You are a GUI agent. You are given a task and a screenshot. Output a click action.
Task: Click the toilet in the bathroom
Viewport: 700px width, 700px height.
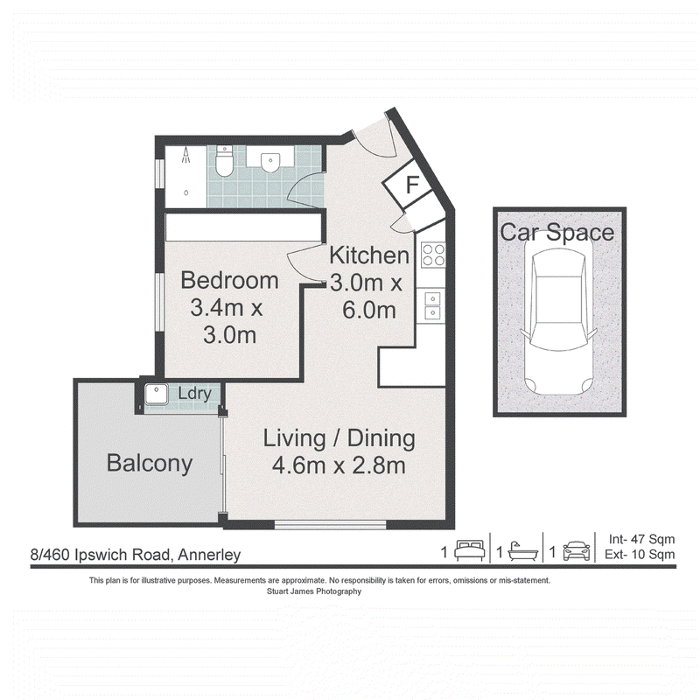(x=224, y=161)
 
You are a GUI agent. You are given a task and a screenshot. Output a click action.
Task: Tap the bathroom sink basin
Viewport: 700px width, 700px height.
(x=270, y=163)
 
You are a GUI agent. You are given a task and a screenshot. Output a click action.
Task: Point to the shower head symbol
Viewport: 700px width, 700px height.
(x=186, y=156)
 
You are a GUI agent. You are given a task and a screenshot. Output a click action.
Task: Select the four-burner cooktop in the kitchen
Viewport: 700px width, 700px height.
(x=433, y=255)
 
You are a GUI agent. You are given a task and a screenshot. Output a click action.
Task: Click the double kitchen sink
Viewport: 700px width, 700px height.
(x=432, y=305)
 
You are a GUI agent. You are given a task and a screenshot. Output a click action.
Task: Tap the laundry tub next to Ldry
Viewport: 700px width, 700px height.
(x=156, y=395)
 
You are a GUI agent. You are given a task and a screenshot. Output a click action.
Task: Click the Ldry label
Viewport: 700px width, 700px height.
(x=194, y=395)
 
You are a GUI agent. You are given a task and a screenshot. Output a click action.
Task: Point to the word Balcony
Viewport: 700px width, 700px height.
(x=150, y=463)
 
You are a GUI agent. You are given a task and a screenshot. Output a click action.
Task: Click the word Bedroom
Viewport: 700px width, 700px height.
(x=230, y=280)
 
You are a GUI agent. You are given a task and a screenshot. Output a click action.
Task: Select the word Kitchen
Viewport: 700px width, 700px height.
(x=369, y=255)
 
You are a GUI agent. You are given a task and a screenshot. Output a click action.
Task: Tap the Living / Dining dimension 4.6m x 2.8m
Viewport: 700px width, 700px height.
(x=339, y=466)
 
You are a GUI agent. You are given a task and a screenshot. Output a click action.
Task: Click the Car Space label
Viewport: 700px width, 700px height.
(x=557, y=233)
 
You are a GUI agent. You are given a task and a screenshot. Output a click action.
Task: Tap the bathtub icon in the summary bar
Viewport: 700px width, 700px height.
(x=522, y=551)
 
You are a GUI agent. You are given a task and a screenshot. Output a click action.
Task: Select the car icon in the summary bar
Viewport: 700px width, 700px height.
(x=577, y=551)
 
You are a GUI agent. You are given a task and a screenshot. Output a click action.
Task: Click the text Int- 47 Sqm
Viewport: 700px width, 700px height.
(x=641, y=539)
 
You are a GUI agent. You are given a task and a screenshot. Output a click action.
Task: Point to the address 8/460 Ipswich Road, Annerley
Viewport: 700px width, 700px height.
(x=136, y=555)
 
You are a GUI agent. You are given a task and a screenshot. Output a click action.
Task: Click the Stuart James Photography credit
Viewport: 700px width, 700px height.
(x=314, y=591)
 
